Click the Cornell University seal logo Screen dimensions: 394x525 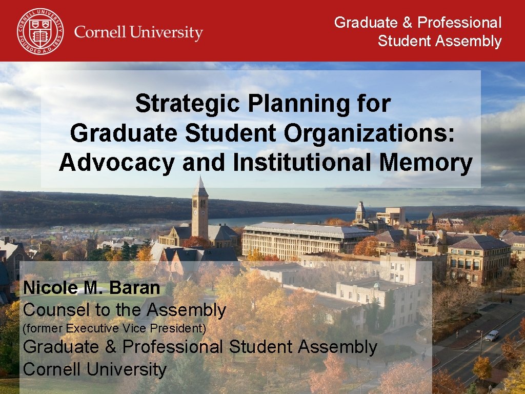40,31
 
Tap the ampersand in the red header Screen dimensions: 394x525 407,23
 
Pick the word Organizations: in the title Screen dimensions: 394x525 369,133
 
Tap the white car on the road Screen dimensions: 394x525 491,336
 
